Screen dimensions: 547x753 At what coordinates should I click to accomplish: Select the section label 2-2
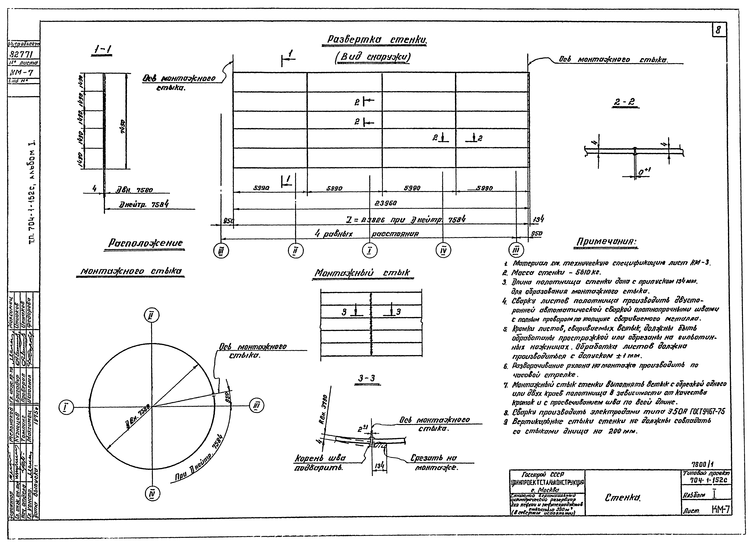[625, 102]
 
